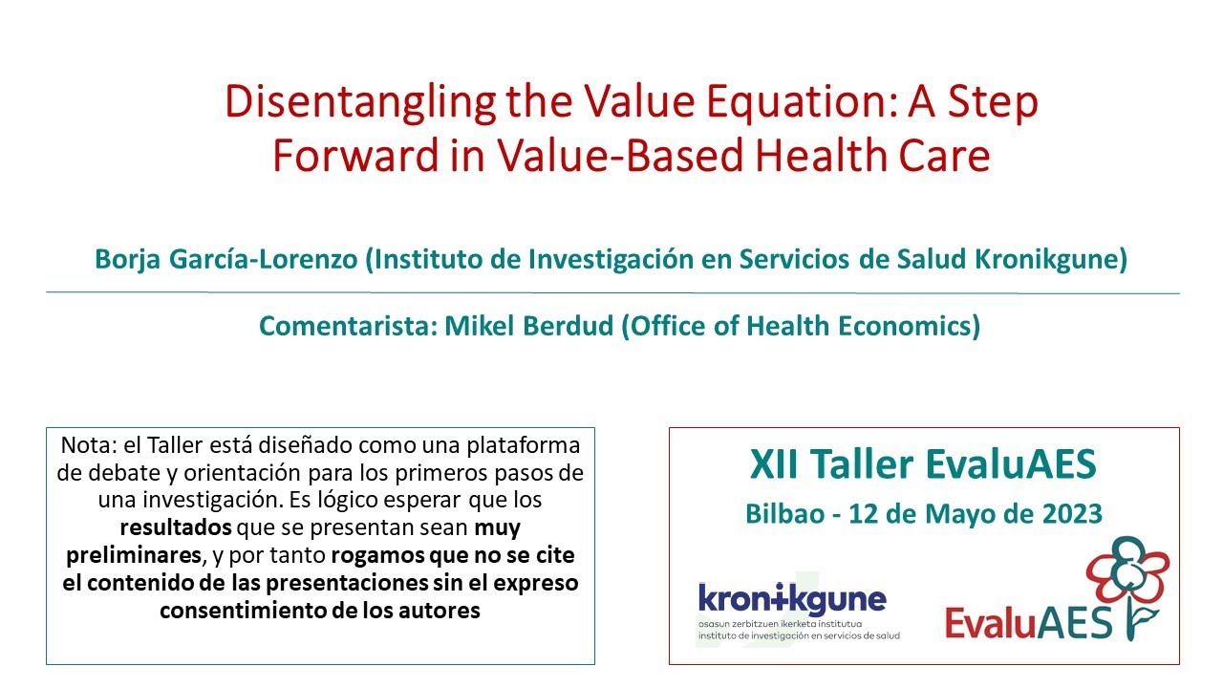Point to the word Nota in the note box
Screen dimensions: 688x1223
[x=83, y=445]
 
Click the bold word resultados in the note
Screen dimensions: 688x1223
[x=175, y=527]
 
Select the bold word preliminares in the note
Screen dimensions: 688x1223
[x=133, y=555]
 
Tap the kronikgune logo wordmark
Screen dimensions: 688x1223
[x=792, y=599]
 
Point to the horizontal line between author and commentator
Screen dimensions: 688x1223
[x=611, y=292]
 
